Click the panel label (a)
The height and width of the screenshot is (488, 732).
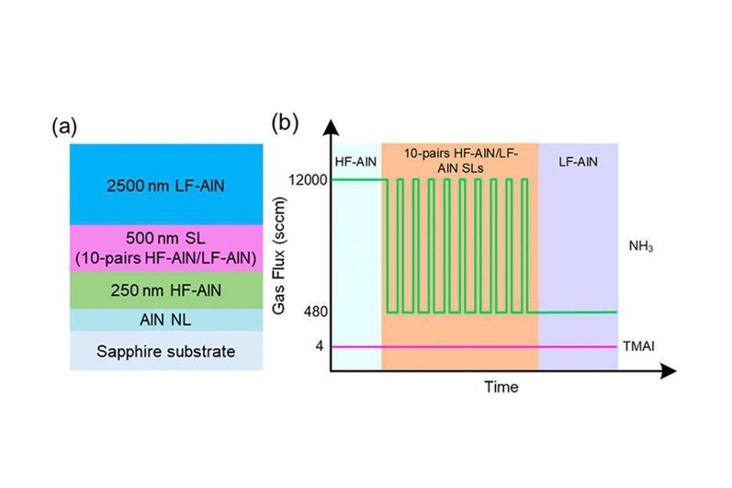click(64, 127)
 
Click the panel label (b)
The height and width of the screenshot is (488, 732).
click(285, 124)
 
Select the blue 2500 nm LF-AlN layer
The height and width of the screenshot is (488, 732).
click(167, 184)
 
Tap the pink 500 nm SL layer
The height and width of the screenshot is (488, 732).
click(167, 248)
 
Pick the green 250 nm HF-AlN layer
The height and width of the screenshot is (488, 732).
click(167, 290)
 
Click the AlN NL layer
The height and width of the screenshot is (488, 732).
click(167, 320)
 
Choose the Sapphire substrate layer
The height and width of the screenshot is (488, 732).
click(167, 351)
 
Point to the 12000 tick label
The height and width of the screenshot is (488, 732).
click(307, 179)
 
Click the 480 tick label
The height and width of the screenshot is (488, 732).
click(316, 311)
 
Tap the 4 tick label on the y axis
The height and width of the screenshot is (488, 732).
click(319, 346)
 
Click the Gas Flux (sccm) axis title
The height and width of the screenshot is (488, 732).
click(279, 256)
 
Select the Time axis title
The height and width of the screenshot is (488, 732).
click(501, 386)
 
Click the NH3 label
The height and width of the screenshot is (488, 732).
click(641, 246)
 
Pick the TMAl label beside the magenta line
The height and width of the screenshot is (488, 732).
click(638, 346)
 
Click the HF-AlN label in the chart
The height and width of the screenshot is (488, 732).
click(356, 162)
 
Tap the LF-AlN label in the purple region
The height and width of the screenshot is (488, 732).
click(578, 162)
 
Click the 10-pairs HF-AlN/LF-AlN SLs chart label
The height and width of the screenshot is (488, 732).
click(461, 160)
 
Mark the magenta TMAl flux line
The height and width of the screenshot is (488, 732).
click(474, 347)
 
